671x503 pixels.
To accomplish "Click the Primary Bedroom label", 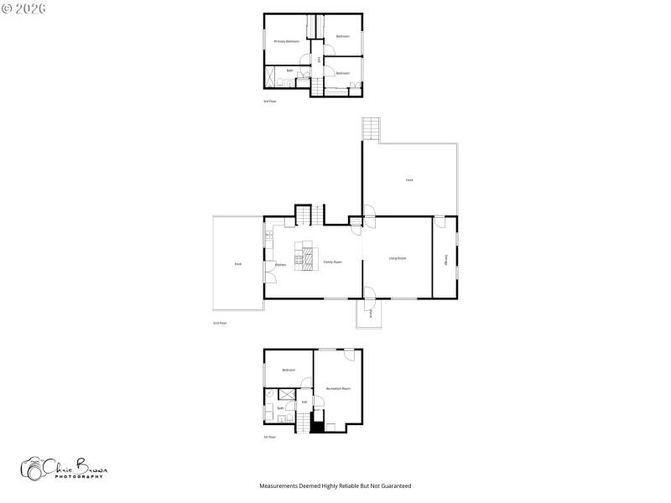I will point(287,41).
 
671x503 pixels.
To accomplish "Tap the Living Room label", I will point(398,258).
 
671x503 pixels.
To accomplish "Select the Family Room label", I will point(333,262).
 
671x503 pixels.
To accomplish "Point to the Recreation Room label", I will point(338,389).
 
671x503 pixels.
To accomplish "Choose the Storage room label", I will point(445,261).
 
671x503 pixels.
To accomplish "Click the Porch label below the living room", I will point(370,314).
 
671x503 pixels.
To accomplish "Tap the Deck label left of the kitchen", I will point(238,264).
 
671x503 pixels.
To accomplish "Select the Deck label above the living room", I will point(409,179).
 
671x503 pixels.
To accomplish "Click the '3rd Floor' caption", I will point(270,101).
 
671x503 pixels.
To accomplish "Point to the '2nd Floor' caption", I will point(220,323).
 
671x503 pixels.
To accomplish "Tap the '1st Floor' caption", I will point(270,437).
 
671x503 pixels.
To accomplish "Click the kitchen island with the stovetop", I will point(307,255).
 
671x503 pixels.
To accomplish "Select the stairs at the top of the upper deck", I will point(371,129).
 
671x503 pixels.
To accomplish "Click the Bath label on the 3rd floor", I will point(289,70).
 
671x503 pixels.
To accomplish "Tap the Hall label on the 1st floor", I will point(304,402).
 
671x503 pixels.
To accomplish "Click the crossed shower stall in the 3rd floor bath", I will point(273,77).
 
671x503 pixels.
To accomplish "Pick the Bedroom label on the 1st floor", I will point(289,370).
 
